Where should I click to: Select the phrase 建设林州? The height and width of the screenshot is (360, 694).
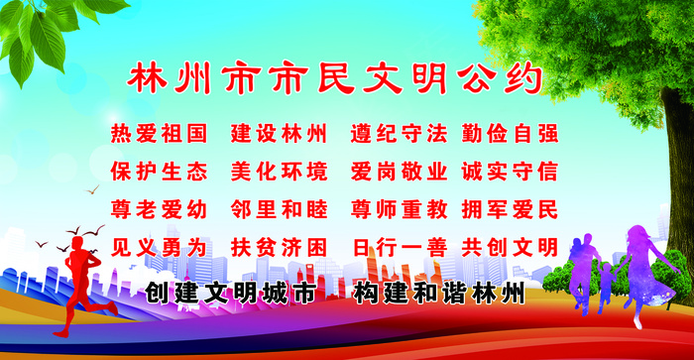279,133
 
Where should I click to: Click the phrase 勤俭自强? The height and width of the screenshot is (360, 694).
510,133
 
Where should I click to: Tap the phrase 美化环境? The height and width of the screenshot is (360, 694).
279,172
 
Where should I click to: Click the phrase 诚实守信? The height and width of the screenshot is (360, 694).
510,172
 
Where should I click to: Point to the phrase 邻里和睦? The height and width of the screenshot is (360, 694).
279,210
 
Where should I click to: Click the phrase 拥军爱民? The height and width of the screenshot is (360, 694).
510,210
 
